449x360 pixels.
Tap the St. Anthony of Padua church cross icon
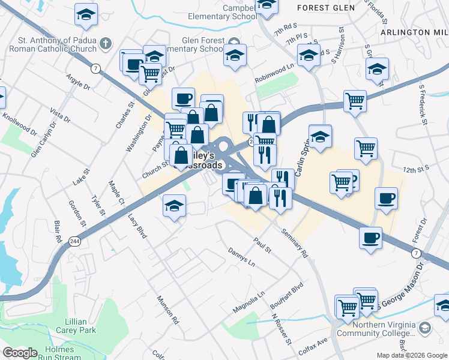106,43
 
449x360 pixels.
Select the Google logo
19,353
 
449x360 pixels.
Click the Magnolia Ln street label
249,303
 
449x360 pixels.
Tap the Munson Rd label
167,310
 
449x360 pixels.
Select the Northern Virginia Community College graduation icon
426,328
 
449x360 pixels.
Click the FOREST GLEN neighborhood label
322,8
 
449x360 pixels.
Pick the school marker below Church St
173,207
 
